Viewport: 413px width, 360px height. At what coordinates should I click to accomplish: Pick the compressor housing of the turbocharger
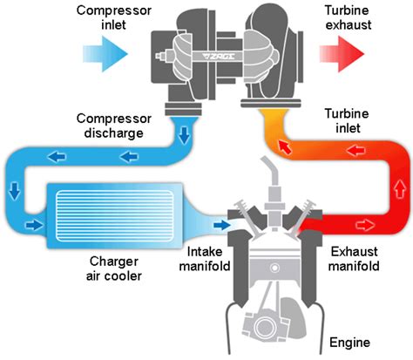click(x=181, y=52)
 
